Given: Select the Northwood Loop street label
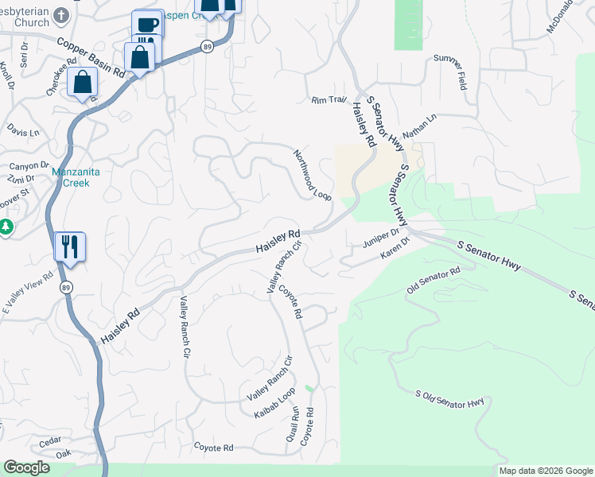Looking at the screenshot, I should (312, 175).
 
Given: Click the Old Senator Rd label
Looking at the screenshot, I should (434, 281).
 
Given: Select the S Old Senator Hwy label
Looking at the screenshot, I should (449, 398).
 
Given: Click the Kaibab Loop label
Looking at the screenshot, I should (274, 405).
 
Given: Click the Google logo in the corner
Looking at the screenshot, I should (27, 467).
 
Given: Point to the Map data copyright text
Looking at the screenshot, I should (546, 471).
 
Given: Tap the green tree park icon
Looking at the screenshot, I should (6, 228).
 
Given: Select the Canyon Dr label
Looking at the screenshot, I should (23, 166).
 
